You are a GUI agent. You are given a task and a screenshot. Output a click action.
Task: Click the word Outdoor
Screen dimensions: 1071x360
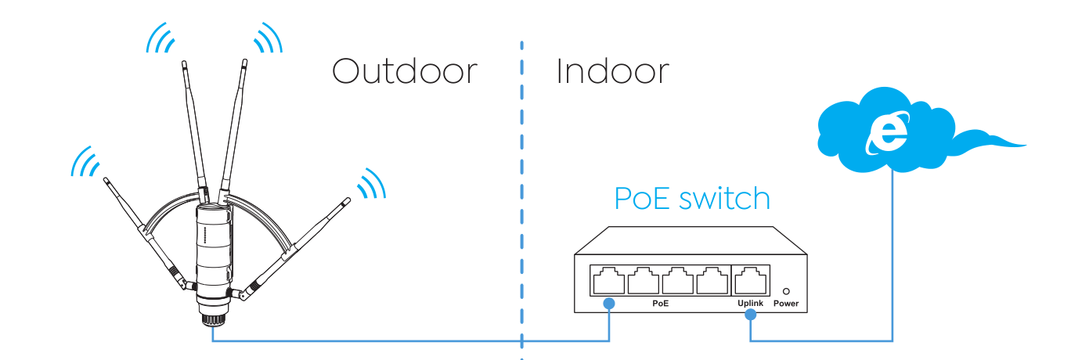click(405, 72)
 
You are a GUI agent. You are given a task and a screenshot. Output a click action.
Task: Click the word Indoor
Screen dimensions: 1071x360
click(612, 72)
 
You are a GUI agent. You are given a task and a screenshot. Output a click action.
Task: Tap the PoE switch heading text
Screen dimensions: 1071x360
click(692, 199)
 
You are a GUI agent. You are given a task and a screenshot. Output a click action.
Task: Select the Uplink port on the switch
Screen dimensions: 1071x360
click(751, 280)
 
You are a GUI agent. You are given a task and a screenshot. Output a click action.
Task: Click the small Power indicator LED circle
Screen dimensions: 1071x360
click(786, 291)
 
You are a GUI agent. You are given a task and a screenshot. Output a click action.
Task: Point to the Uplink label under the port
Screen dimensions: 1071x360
click(750, 303)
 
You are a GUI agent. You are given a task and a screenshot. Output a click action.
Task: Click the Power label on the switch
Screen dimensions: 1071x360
click(786, 303)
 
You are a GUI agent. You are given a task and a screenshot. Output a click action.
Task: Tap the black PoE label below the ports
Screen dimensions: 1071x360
click(660, 303)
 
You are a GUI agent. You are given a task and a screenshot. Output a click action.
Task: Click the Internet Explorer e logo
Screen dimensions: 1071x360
click(888, 133)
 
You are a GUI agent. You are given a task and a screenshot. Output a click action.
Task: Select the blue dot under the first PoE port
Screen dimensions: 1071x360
click(608, 303)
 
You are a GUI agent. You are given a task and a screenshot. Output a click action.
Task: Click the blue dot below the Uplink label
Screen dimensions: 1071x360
click(751, 315)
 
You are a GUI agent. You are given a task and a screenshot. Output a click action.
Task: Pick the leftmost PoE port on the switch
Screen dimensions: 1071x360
click(608, 280)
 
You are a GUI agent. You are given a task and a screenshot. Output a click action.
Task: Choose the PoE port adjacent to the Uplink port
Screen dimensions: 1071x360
click(712, 280)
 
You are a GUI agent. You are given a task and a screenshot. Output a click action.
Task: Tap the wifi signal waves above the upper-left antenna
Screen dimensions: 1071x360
click(160, 38)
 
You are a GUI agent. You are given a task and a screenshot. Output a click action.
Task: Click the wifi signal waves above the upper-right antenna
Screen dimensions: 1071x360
click(269, 38)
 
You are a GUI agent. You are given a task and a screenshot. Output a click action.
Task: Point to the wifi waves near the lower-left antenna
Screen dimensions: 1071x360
click(85, 161)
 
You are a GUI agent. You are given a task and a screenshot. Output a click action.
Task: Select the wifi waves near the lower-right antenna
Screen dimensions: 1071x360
click(372, 182)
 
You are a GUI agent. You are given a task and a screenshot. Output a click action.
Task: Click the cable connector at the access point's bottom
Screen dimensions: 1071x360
click(213, 319)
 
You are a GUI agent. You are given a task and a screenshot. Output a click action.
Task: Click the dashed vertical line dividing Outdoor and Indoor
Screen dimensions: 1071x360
click(521, 201)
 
